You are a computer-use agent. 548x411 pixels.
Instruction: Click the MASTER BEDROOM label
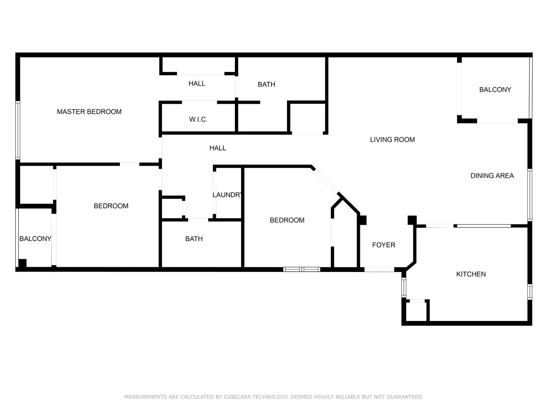coord(89,112)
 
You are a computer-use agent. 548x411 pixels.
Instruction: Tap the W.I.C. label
coord(198,120)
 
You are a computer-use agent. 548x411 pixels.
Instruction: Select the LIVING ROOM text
coord(392,139)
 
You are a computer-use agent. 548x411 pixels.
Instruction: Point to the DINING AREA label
coord(492,176)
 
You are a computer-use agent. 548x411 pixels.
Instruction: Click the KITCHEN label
coord(471,274)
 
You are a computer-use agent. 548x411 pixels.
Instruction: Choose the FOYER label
coord(384,245)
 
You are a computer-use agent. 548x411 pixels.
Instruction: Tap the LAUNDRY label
coord(227,195)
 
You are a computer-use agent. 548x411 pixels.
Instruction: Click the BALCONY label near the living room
coord(495,90)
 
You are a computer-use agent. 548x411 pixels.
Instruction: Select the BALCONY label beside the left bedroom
coord(35,239)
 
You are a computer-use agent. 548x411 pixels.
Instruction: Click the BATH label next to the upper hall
coord(266,85)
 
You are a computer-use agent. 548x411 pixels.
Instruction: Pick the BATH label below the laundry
coord(194,239)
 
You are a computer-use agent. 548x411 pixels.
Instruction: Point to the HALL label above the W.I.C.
coord(197,84)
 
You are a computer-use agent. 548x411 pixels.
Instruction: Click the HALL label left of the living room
coord(218,148)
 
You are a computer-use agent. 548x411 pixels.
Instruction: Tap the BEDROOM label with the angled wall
coord(287,220)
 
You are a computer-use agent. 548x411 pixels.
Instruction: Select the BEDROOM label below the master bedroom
coord(111,206)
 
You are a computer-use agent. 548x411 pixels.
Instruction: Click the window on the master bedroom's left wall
coord(18,130)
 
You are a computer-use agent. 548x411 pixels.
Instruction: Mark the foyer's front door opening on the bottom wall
coord(379,270)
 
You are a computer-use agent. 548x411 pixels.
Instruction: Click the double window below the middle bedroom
coord(302,270)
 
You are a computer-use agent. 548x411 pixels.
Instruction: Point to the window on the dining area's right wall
coord(530,195)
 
